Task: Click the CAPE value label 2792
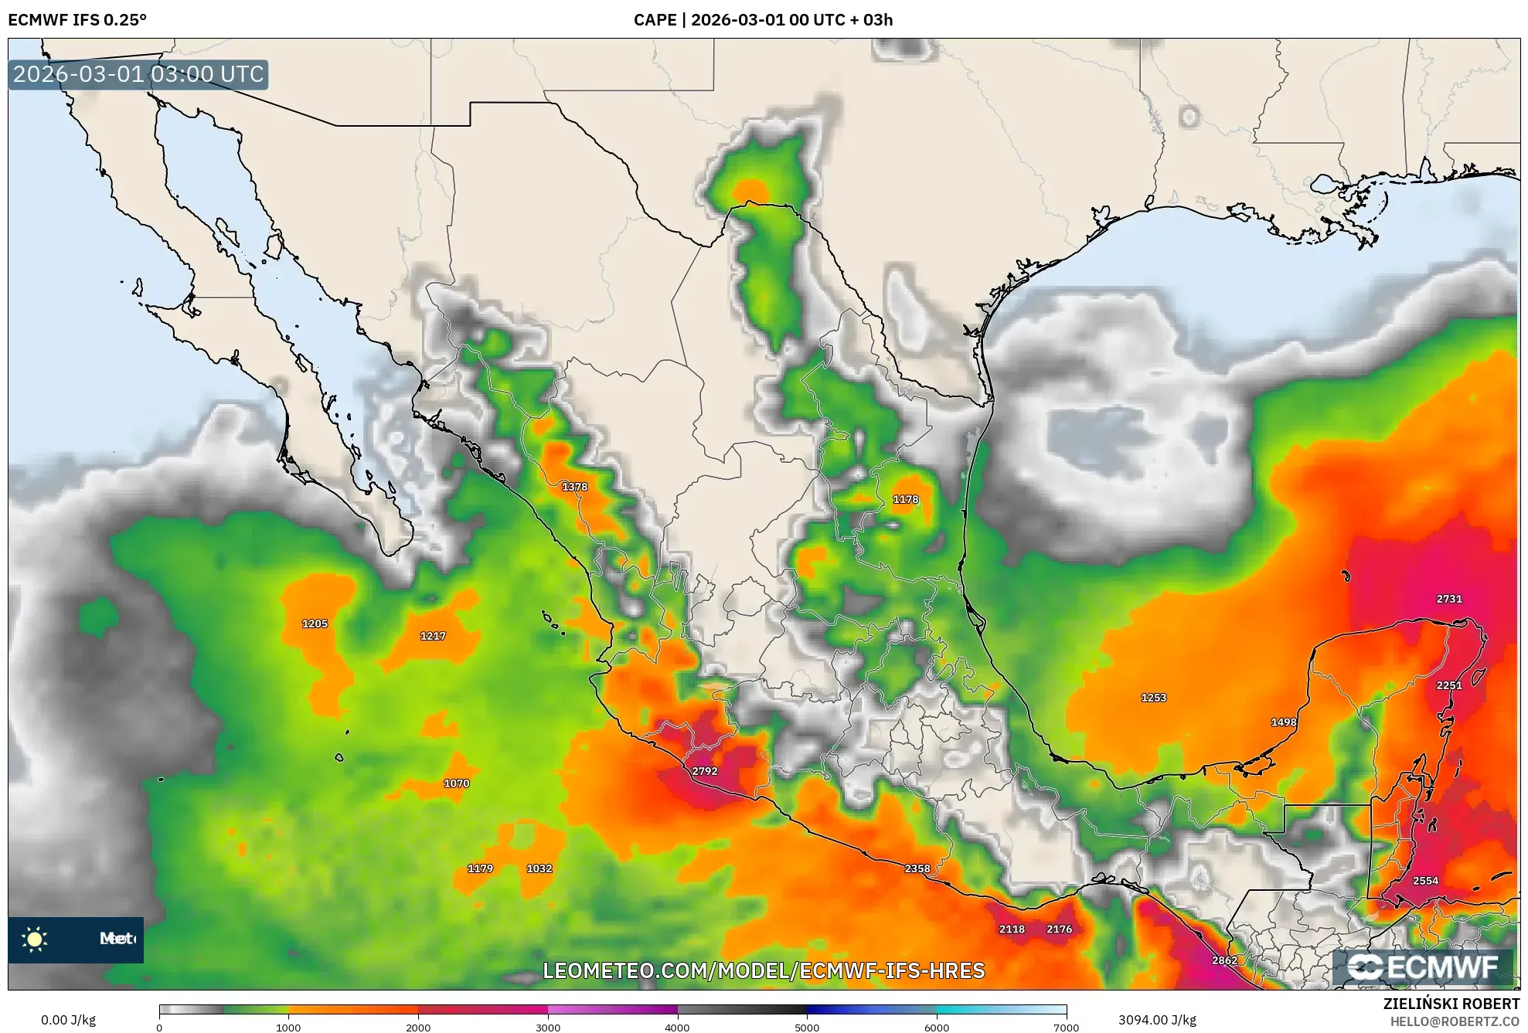pyautogui.click(x=704, y=771)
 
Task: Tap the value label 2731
pyautogui.click(x=1448, y=599)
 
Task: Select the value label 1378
pyautogui.click(x=574, y=487)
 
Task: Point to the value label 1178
pyautogui.click(x=905, y=499)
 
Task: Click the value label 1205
pyautogui.click(x=315, y=624)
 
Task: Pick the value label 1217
pyautogui.click(x=432, y=636)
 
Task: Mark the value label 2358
pyautogui.click(x=917, y=868)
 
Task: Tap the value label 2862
pyautogui.click(x=1224, y=960)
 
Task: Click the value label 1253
pyautogui.click(x=1153, y=698)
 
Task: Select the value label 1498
pyautogui.click(x=1283, y=722)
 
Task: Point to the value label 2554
pyautogui.click(x=1425, y=881)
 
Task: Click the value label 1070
pyautogui.click(x=456, y=783)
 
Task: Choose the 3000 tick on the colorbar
pyautogui.click(x=548, y=1027)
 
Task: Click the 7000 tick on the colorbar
pyautogui.click(x=1066, y=1027)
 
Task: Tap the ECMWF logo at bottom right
pyautogui.click(x=1423, y=967)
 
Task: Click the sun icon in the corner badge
pyautogui.click(x=35, y=940)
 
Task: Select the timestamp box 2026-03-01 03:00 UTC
pyautogui.click(x=138, y=75)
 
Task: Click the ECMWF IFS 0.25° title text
pyautogui.click(x=77, y=20)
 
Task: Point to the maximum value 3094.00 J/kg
pyautogui.click(x=1156, y=1020)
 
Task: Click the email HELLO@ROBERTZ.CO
pyautogui.click(x=1455, y=1021)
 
